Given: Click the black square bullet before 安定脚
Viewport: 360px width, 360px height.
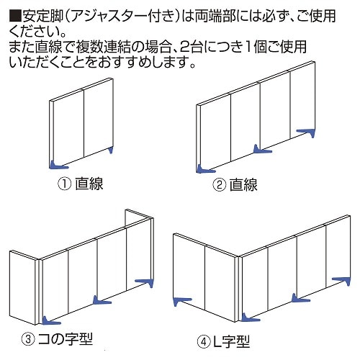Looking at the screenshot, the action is click(x=16, y=16).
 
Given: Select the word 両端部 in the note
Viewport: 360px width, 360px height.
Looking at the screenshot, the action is click(x=215, y=16).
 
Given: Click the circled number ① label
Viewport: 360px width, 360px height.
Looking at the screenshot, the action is click(x=64, y=184).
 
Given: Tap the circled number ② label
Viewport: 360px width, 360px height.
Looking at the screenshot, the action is click(x=219, y=185).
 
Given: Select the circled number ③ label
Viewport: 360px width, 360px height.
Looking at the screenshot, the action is click(x=28, y=339).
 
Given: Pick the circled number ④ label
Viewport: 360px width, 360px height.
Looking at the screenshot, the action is click(x=204, y=342).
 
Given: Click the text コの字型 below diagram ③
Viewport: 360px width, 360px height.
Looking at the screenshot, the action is click(x=66, y=339).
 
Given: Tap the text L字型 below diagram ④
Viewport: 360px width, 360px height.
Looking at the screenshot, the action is click(x=231, y=342).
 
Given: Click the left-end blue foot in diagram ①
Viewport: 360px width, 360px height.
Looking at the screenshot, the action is click(x=58, y=165).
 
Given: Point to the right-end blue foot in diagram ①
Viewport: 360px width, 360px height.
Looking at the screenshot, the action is click(x=111, y=150).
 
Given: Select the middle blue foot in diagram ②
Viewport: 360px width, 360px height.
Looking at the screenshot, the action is click(x=262, y=149).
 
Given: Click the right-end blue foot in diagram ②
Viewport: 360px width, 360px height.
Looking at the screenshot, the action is click(x=306, y=132).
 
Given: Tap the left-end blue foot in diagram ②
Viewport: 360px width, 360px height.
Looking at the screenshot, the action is click(x=205, y=168).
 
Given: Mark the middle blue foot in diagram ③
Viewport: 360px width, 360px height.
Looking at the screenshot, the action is click(x=102, y=300).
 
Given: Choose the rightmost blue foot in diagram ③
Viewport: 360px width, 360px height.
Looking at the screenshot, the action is click(x=145, y=283).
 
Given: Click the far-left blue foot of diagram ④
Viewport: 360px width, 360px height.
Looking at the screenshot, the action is click(x=182, y=301).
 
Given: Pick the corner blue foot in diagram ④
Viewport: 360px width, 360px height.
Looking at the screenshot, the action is click(x=250, y=318).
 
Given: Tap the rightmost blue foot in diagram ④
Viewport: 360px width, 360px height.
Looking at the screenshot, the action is click(x=341, y=281).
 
